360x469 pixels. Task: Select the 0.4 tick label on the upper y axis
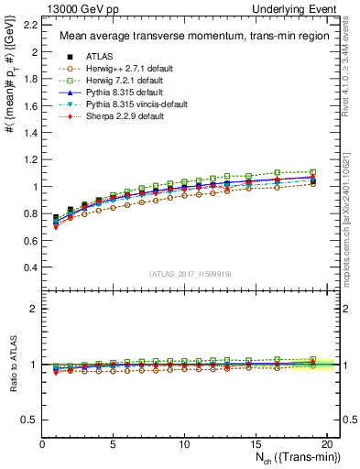[x=32, y=267]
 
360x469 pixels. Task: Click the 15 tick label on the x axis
[x=255, y=445]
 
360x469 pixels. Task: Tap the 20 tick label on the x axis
[x=325, y=445]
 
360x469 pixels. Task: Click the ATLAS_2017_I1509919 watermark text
[x=191, y=274]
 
